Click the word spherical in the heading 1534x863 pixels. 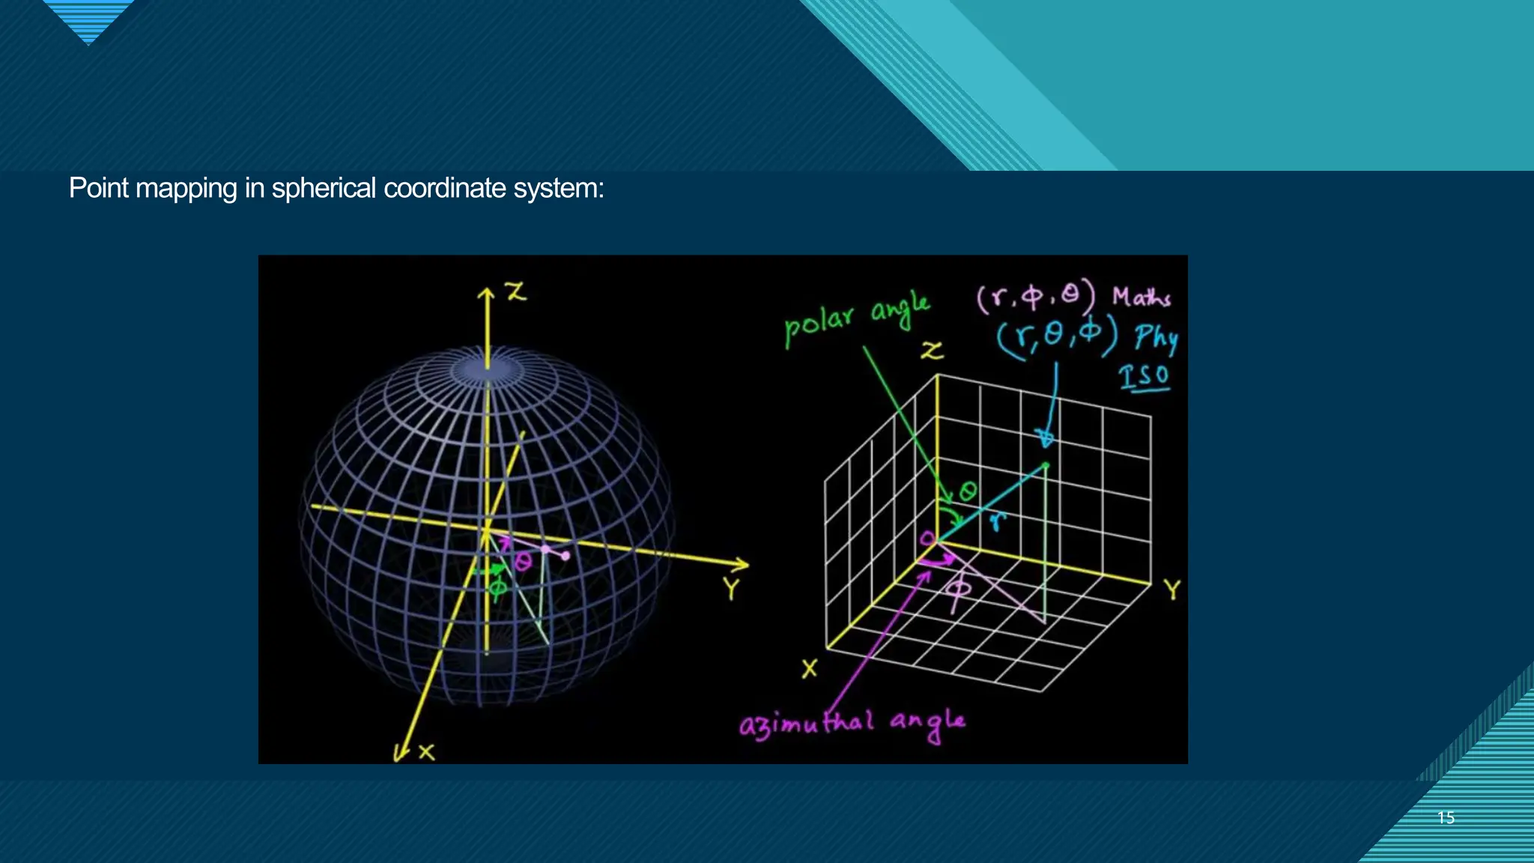click(324, 188)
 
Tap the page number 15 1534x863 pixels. click(1446, 817)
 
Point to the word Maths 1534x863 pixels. click(1141, 297)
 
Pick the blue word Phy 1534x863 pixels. click(1156, 338)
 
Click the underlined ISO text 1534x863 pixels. click(1144, 376)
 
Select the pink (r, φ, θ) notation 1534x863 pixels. click(1035, 297)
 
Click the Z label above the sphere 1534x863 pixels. click(516, 291)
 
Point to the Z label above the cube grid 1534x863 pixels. click(932, 350)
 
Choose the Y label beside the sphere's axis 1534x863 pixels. click(732, 590)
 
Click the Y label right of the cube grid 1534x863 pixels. click(1172, 590)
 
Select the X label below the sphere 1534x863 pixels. click(426, 751)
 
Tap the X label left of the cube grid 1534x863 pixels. click(809, 668)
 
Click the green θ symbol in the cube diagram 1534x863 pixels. click(968, 491)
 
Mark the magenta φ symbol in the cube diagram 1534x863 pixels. click(958, 590)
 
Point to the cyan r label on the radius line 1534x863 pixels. click(996, 521)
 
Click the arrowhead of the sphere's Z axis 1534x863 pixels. click(487, 294)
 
